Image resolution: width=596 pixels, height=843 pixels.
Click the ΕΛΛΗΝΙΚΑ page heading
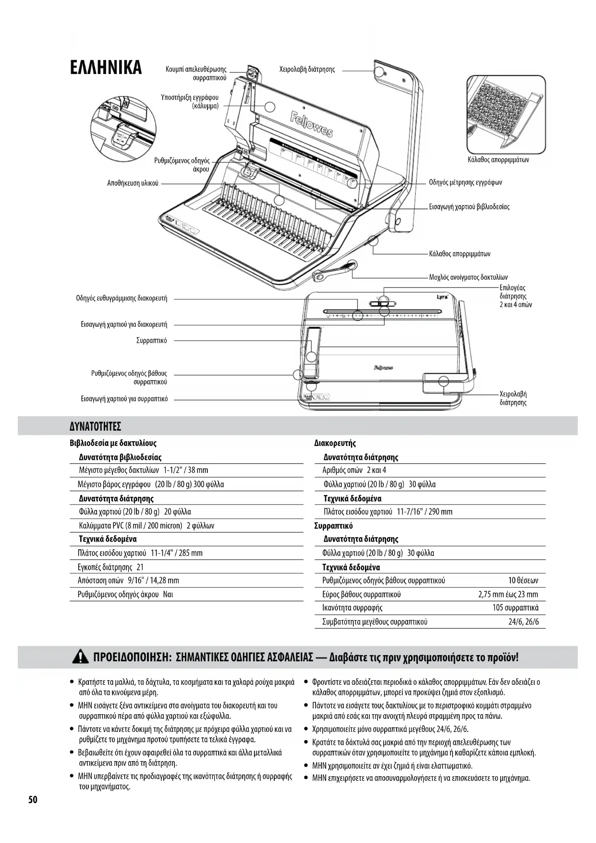(x=106, y=67)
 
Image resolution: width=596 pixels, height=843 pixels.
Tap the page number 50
(x=32, y=800)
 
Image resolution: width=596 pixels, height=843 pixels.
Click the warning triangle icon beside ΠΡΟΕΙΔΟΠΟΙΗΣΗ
(x=80, y=657)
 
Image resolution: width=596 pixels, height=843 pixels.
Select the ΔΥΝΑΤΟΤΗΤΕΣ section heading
(x=95, y=426)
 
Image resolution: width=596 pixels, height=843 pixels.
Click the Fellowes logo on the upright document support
(x=311, y=124)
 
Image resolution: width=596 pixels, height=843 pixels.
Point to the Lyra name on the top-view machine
(x=442, y=297)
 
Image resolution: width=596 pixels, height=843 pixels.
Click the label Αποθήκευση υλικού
(x=133, y=183)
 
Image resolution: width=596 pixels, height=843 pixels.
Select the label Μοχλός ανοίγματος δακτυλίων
(x=468, y=277)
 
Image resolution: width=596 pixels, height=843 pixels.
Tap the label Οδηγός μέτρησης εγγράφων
(x=465, y=183)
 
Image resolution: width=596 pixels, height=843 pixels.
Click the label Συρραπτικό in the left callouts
(x=151, y=341)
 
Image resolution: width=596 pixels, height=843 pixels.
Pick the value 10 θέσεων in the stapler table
(x=523, y=581)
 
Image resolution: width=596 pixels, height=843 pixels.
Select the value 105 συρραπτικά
(x=515, y=608)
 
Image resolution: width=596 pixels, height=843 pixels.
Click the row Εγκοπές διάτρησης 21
(x=110, y=567)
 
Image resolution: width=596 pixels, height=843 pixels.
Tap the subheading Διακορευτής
(x=335, y=443)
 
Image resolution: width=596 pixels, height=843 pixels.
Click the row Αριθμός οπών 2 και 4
(x=354, y=470)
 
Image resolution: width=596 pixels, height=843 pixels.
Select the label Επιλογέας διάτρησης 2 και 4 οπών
(x=515, y=296)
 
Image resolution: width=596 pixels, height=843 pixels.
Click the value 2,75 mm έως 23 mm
(x=508, y=595)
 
